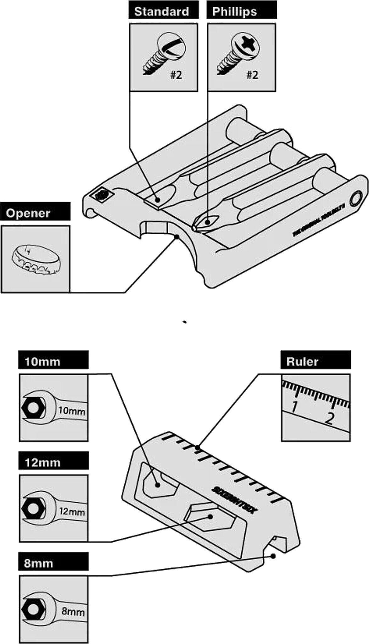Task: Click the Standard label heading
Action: (x=162, y=12)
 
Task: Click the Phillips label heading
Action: (x=234, y=12)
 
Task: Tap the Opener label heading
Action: (x=28, y=213)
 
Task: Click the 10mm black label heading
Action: (x=42, y=361)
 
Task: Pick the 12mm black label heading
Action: (x=42, y=463)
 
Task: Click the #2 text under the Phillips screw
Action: (x=252, y=75)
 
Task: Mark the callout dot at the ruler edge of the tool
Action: (x=198, y=447)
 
